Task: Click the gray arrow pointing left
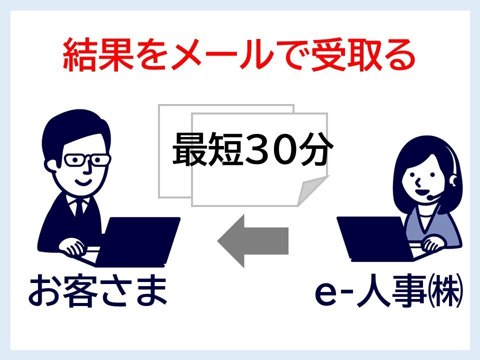[x=253, y=241]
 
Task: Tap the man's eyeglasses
[x=87, y=160]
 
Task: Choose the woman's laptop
[x=375, y=239]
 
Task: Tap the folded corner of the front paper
[x=312, y=191]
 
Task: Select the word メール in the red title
[x=222, y=55]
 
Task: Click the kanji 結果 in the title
[x=98, y=55]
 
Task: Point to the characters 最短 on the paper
[x=208, y=149]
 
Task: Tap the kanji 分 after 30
[x=316, y=149]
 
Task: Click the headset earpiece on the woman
[x=453, y=180]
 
